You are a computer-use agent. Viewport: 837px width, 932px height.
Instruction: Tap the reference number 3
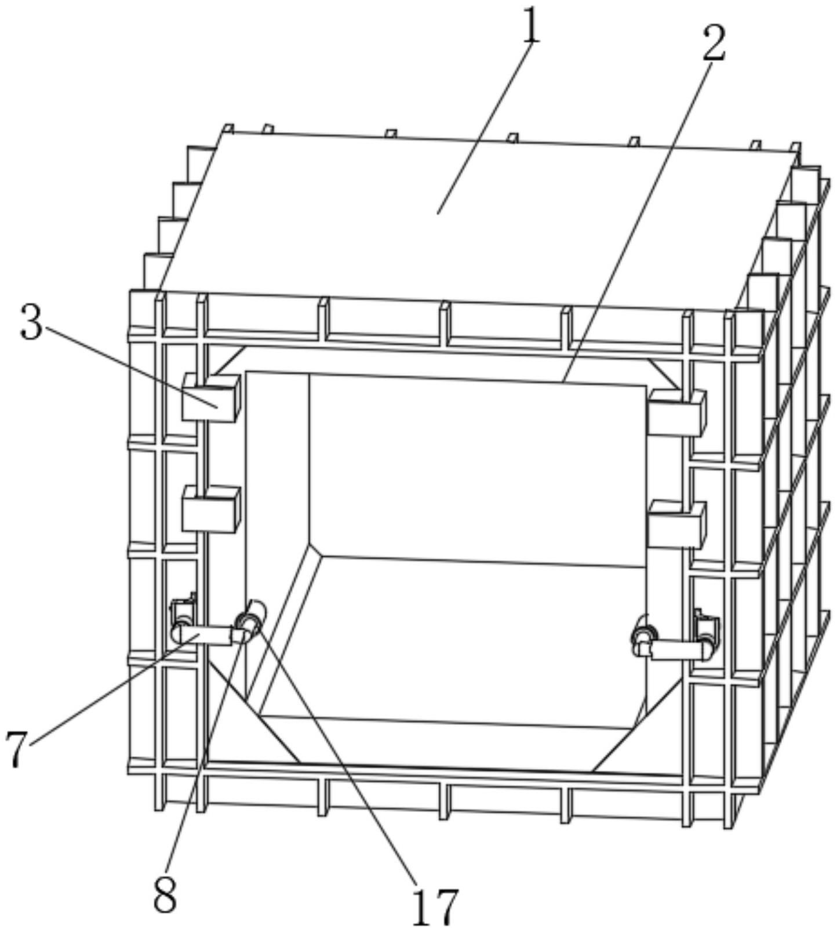tap(31, 323)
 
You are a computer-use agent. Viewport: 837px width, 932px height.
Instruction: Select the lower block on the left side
tap(210, 509)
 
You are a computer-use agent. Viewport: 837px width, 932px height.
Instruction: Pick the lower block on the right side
tap(677, 524)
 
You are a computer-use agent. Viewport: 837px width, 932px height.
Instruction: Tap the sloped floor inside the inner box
tap(452, 638)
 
